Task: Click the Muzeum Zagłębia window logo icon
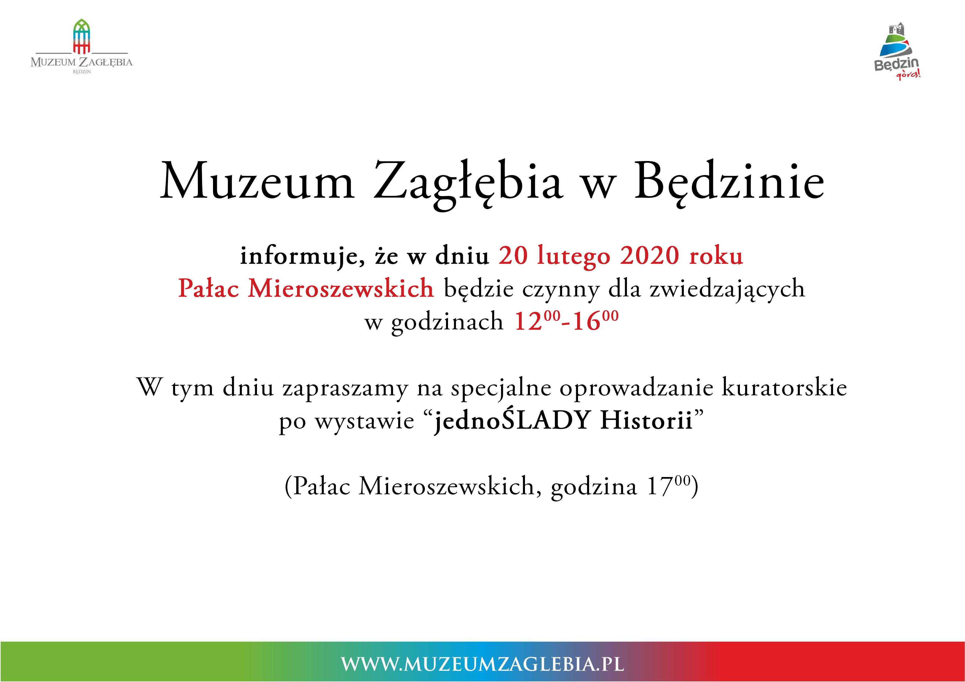pos(82,37)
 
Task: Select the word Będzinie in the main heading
pos(729,184)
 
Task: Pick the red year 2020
pos(649,255)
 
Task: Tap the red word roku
pos(716,255)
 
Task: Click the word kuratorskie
pos(784,387)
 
